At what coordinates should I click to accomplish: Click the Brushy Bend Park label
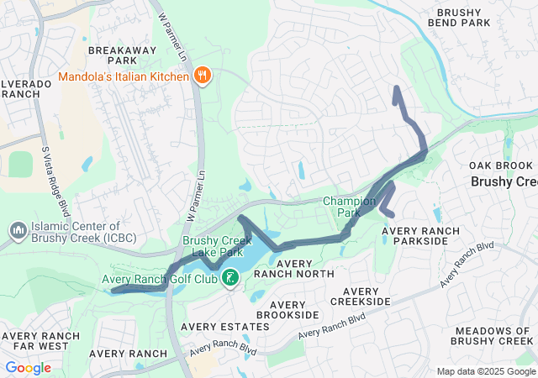(475, 18)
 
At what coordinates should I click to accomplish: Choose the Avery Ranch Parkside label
(420, 236)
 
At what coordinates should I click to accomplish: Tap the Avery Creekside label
(361, 295)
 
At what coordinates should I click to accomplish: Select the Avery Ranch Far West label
(40, 342)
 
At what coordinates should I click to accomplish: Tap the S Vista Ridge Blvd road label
(52, 176)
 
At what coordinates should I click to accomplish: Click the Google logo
(28, 368)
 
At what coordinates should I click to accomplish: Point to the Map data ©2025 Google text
(485, 371)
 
